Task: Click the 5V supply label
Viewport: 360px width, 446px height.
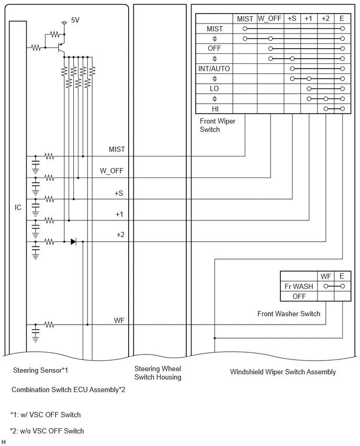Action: tap(75, 20)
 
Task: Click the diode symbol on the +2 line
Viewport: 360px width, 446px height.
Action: tap(73, 242)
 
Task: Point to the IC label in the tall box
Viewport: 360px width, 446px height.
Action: tap(18, 207)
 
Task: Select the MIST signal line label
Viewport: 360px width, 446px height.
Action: tap(117, 149)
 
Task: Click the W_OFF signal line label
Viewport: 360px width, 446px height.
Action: tap(111, 171)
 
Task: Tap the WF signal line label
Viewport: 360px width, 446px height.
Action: tap(119, 320)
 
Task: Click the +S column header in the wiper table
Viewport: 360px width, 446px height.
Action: tap(292, 18)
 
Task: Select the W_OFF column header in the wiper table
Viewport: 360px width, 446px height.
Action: tap(269, 18)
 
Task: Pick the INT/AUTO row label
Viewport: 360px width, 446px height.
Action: tap(214, 69)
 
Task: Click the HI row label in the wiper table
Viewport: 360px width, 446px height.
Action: tap(215, 109)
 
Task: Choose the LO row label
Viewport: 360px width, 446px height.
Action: tap(214, 89)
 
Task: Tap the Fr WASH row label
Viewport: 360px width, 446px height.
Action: tap(299, 286)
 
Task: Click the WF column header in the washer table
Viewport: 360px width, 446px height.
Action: tap(326, 276)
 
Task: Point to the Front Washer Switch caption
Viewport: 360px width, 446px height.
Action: tap(289, 314)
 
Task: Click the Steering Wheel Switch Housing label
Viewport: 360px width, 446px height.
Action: tap(158, 373)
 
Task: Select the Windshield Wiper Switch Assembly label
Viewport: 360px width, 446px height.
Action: tap(283, 372)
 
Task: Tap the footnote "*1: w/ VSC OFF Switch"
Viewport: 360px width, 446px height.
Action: tap(46, 415)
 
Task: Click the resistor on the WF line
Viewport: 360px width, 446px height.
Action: tap(49, 325)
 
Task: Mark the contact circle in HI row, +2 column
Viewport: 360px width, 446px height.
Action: tap(326, 109)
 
